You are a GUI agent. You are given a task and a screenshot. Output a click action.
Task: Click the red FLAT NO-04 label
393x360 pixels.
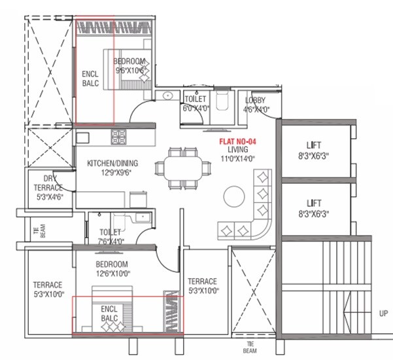234,140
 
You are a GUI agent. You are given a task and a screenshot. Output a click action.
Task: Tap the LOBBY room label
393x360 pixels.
255,100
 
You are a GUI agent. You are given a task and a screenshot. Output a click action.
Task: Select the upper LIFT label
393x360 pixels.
316,145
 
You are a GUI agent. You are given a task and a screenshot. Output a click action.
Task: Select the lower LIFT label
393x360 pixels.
316,204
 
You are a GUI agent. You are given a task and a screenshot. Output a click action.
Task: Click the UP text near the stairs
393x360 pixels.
384,314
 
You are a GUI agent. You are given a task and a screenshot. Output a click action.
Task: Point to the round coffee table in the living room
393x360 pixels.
233,196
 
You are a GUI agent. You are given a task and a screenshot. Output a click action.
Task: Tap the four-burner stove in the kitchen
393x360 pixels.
119,137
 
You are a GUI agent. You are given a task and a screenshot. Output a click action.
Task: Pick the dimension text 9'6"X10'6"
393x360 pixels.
129,70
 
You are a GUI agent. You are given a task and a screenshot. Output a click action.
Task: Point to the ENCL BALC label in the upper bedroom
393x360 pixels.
90,79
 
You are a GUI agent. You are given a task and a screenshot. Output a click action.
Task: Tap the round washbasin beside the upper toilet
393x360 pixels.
167,96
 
